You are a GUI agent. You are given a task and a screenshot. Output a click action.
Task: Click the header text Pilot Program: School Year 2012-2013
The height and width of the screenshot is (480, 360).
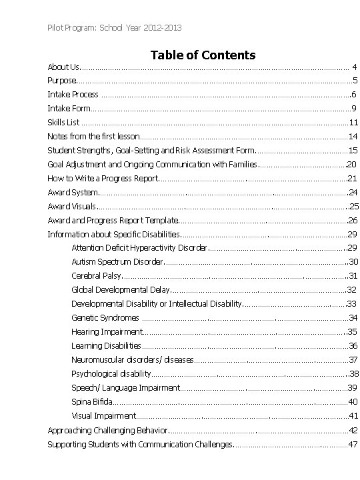113,27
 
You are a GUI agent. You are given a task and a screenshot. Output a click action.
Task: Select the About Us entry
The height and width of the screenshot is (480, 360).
63,67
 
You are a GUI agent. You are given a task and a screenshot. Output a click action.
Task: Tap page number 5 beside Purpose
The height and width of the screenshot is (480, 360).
354,80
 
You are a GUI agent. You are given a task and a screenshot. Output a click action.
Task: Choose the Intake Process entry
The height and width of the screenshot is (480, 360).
73,94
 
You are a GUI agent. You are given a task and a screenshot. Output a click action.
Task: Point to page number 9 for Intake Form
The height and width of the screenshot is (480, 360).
353,108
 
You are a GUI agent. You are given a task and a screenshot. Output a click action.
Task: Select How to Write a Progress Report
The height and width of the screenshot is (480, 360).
103,178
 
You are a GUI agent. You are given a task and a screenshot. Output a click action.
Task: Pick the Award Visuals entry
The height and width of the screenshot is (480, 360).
71,206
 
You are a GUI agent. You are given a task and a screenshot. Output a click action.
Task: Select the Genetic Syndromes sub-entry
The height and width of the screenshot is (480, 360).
105,317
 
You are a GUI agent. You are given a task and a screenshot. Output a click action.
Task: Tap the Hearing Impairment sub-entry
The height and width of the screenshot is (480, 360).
107,331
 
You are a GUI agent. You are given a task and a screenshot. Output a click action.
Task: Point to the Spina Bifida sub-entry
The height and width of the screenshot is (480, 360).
92,401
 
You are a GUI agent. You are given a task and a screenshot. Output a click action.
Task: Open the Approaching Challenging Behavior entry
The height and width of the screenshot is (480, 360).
109,430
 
